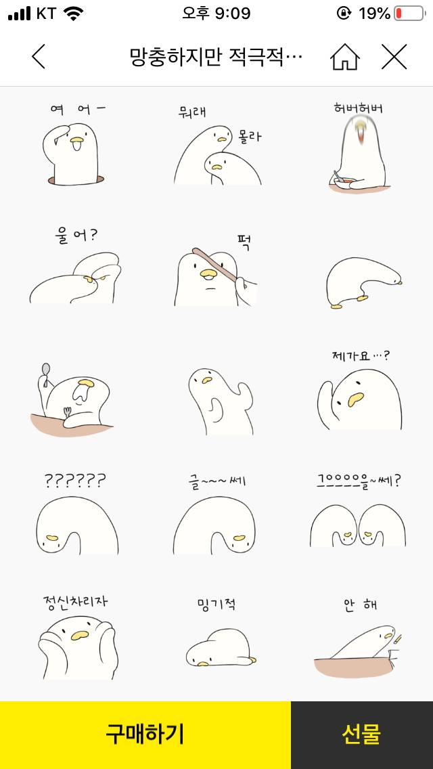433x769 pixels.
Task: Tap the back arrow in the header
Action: (39, 57)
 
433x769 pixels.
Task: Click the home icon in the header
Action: (345, 57)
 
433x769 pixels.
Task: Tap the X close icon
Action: (394, 57)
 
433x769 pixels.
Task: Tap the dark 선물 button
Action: (361, 734)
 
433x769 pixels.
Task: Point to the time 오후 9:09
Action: (216, 13)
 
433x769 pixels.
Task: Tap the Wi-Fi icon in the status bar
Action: (74, 13)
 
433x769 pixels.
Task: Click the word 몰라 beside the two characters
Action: (250, 137)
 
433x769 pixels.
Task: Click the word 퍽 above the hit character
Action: (244, 242)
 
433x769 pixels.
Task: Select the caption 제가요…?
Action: (361, 356)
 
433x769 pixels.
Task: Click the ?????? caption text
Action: (75, 481)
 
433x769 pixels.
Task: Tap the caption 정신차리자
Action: (75, 600)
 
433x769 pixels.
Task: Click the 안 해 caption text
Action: (360, 605)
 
